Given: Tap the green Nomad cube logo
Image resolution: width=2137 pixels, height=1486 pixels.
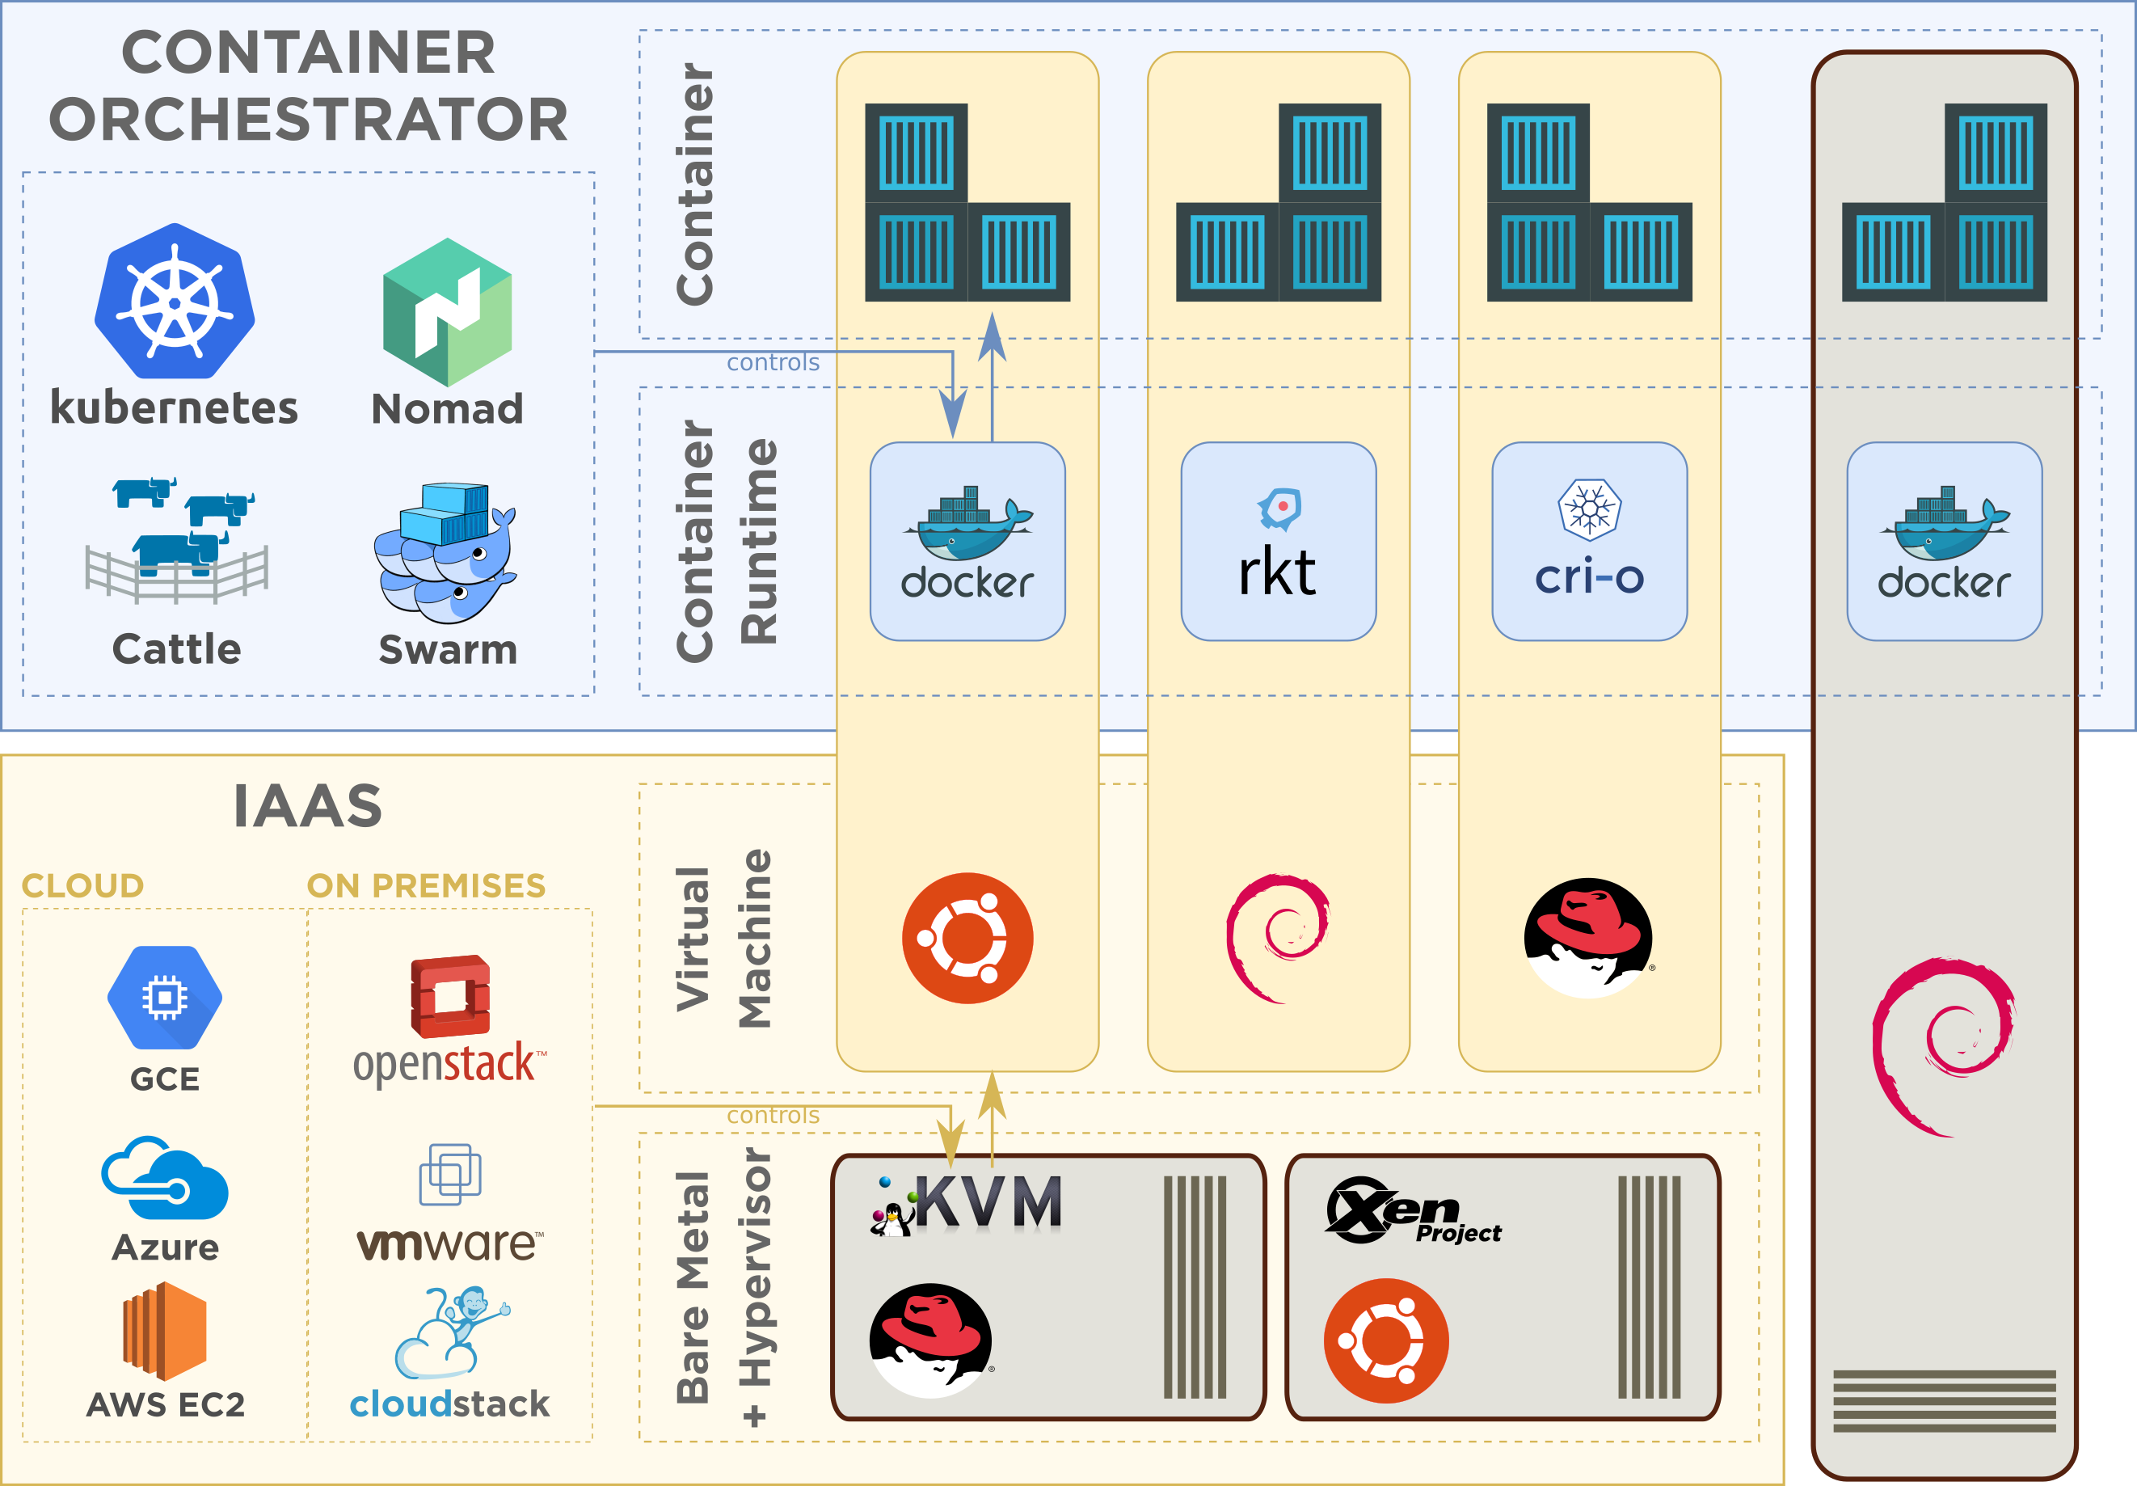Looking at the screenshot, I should (x=448, y=312).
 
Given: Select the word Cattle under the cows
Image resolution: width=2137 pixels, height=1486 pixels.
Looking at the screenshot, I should (x=176, y=649).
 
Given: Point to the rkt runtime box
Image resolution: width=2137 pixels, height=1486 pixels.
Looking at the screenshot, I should (x=1278, y=541).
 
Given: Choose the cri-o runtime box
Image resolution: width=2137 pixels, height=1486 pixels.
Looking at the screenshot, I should (x=1589, y=541).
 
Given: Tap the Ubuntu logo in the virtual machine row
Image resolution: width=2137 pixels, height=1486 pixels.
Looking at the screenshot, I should (x=967, y=938).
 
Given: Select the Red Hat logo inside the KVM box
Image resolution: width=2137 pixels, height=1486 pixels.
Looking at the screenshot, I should (x=929, y=1340).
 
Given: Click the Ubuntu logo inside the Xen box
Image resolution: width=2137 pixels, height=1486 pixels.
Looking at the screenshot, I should (x=1386, y=1340).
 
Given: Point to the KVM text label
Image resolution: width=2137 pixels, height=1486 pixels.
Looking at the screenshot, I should (x=988, y=1202).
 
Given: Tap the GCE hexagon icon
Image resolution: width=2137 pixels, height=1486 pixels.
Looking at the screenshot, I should (x=165, y=997).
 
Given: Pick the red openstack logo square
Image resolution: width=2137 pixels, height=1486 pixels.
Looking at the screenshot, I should (x=450, y=996).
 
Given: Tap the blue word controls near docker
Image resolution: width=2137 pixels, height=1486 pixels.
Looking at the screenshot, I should (x=773, y=362).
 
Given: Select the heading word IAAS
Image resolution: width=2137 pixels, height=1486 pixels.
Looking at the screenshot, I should (x=307, y=806).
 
